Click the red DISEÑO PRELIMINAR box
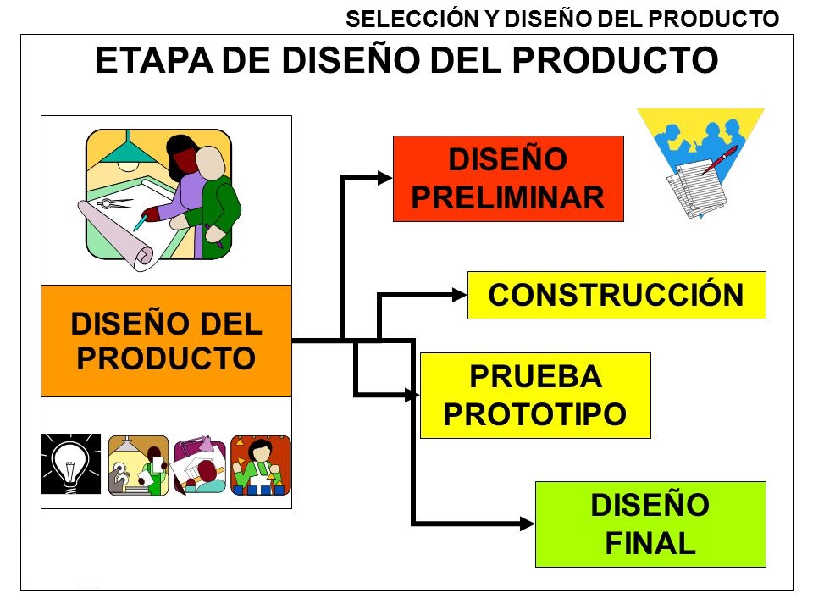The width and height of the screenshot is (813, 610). pyautogui.click(x=508, y=179)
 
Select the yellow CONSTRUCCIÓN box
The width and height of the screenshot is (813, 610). pyautogui.click(x=617, y=295)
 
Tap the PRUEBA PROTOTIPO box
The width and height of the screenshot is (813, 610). pyautogui.click(x=535, y=396)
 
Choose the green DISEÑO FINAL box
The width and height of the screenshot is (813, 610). pyautogui.click(x=650, y=524)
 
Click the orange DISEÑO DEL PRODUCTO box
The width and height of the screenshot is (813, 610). pyautogui.click(x=166, y=341)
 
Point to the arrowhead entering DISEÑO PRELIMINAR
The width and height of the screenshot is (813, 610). pyautogui.click(x=384, y=178)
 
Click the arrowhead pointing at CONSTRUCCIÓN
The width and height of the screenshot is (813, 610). pyautogui.click(x=459, y=295)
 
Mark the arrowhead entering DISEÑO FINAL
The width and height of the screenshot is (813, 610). pyautogui.click(x=528, y=524)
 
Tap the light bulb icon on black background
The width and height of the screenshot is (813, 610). pyautogui.click(x=71, y=463)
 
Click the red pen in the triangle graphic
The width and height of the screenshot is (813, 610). pyautogui.click(x=719, y=160)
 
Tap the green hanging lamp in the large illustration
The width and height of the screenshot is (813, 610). pyautogui.click(x=126, y=151)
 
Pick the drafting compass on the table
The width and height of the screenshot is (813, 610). pyautogui.click(x=115, y=202)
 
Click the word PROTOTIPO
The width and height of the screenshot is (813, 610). pyautogui.click(x=535, y=414)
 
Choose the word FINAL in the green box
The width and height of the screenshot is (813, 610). pyautogui.click(x=650, y=543)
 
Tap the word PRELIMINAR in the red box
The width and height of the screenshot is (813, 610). pyautogui.click(x=508, y=197)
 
